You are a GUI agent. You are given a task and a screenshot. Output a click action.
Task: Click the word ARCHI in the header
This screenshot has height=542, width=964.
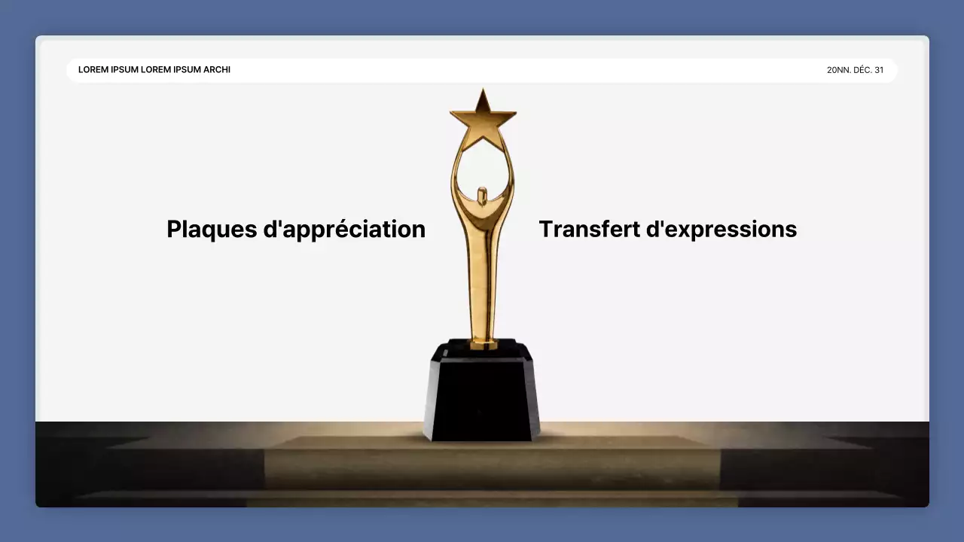click(217, 70)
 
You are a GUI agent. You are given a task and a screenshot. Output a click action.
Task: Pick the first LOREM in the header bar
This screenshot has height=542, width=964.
click(93, 70)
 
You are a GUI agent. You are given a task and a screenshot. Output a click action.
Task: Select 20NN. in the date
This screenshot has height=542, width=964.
click(838, 70)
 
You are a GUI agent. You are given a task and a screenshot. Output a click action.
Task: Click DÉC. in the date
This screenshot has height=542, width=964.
click(862, 70)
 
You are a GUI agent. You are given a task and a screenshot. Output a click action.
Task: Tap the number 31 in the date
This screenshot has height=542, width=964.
click(879, 70)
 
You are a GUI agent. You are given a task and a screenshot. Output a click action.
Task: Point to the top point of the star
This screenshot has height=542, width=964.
click(483, 90)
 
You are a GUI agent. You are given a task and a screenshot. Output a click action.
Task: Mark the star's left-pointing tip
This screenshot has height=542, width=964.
click(452, 114)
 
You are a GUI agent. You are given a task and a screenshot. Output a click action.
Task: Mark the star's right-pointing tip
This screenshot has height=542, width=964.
click(515, 114)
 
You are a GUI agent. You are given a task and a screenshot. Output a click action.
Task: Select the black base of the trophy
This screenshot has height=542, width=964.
click(482, 395)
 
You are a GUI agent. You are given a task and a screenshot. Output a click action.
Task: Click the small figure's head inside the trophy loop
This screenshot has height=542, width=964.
click(483, 190)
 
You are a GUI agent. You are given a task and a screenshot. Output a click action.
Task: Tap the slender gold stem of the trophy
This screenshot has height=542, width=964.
click(483, 286)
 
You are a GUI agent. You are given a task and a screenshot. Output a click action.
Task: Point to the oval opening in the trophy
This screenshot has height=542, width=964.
click(483, 166)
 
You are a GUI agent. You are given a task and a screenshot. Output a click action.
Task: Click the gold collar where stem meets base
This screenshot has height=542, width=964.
click(484, 344)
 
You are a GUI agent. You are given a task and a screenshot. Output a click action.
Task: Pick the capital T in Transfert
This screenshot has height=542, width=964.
click(546, 229)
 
